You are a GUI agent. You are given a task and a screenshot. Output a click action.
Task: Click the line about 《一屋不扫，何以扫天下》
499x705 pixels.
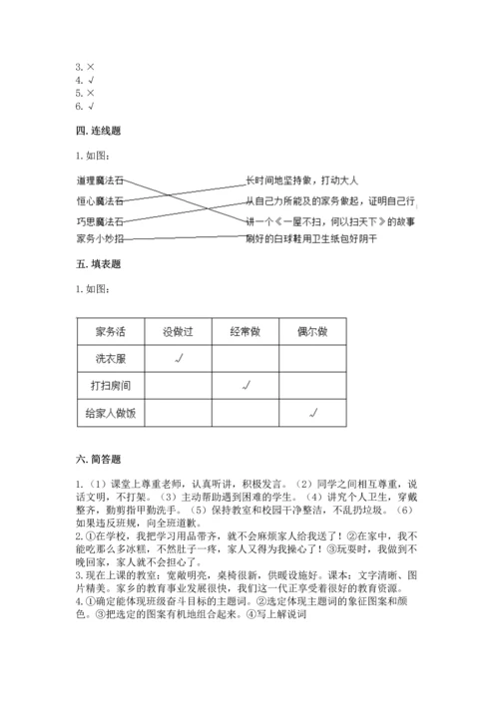331,219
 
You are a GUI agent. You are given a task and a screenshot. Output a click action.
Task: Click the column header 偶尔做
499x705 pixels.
312,331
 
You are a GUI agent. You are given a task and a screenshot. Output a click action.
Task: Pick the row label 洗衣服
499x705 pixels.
111,358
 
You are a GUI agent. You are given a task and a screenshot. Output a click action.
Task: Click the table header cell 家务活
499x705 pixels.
111,331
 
